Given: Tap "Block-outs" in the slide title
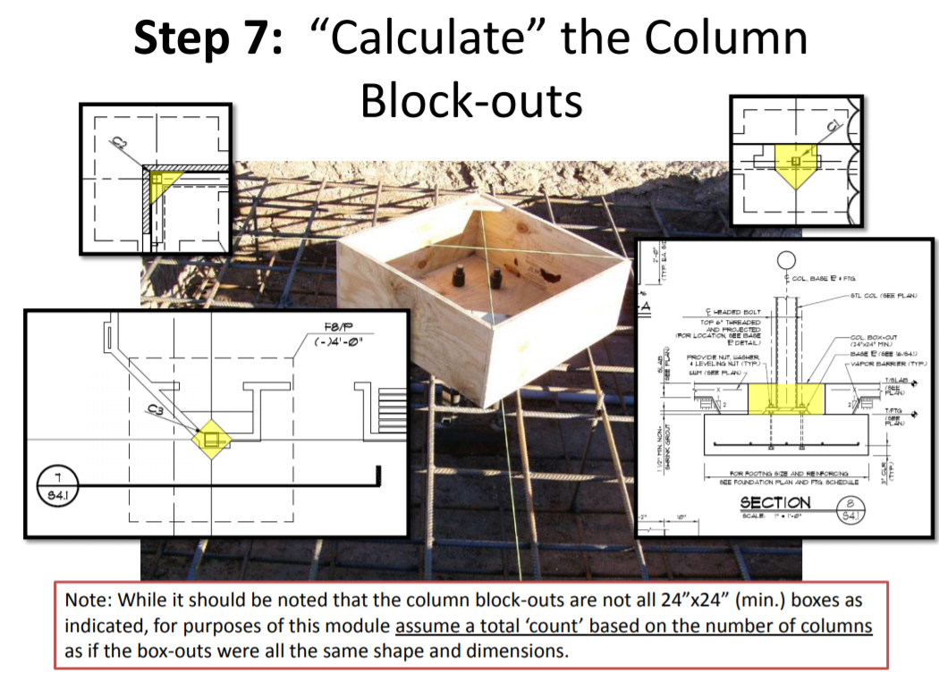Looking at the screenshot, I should pos(471,99).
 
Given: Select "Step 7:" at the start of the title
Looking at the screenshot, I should pos(211,40).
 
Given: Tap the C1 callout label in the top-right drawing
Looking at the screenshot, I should pos(833,127).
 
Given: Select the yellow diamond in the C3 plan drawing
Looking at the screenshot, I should pos(212,439).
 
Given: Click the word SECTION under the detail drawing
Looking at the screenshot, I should pos(774,504).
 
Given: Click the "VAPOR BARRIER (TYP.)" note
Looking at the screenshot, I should pos(889,365).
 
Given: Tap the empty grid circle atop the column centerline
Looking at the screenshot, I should pos(787,261).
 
